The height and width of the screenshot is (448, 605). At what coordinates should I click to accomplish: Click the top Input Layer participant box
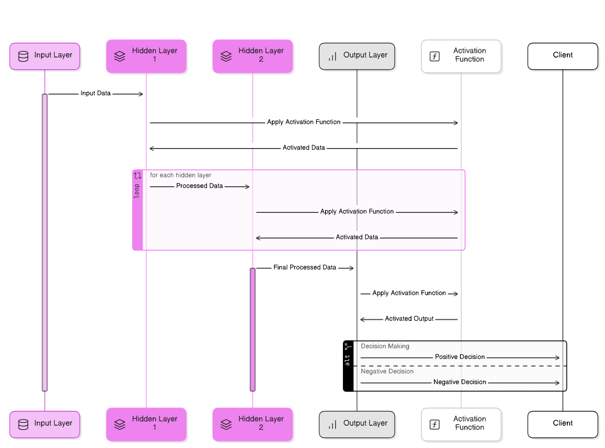45,57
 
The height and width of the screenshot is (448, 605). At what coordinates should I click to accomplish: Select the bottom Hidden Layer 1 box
147,424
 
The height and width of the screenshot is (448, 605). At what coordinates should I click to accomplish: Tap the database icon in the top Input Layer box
23,57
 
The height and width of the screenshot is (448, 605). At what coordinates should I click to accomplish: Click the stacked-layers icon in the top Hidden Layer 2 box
226,57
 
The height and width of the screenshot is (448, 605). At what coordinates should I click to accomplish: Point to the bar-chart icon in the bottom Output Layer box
332,425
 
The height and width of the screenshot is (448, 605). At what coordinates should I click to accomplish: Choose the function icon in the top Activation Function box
434,56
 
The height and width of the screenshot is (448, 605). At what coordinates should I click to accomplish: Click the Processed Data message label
199,186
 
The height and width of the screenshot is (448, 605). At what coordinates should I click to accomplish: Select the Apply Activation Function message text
357,211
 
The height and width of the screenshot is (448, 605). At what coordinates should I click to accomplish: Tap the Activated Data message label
357,237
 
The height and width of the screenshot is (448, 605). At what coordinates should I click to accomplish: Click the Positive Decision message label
459,357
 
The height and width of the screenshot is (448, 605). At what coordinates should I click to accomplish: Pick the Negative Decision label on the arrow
459,382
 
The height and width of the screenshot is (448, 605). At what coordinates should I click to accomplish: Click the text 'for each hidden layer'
180,175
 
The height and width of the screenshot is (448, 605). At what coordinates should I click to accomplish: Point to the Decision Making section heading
385,346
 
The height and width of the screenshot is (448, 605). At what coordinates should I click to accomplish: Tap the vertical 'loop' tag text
137,191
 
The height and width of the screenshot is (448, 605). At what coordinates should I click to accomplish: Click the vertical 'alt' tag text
347,359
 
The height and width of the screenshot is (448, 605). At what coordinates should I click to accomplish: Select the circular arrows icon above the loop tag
137,176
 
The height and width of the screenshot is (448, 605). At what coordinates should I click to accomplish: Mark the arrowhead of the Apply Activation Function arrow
456,212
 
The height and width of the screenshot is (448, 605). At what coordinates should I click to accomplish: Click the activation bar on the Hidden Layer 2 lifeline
252,329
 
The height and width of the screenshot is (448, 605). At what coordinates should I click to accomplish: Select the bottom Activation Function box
461,424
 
